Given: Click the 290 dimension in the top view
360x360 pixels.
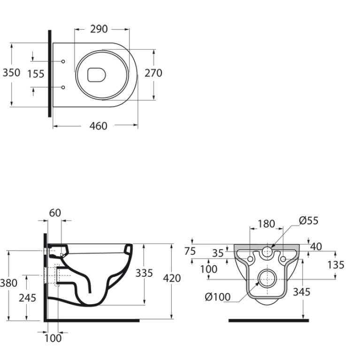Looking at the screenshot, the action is tap(99, 29).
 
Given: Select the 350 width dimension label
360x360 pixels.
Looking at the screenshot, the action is tap(11, 73).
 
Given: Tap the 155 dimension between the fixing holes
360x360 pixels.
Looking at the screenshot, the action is tap(36, 74).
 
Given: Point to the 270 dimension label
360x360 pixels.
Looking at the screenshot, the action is tap(153, 73).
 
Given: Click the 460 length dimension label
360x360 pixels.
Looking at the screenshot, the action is tap(98, 126).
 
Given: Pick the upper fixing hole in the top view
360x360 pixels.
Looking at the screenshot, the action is tap(63, 61).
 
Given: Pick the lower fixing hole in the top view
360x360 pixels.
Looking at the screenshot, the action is tap(63, 87).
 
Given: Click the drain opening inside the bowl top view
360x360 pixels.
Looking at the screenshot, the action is tap(97, 75).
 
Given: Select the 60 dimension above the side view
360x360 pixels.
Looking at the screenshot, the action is tap(55, 213).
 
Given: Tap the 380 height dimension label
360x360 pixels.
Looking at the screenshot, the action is tap(8, 283).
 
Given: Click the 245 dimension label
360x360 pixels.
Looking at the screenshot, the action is tap(28, 298).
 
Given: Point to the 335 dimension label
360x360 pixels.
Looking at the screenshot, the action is tap(144, 273).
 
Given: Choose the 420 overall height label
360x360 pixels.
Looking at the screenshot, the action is tap(172, 278).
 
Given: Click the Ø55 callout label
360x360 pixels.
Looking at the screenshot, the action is tap(308, 221).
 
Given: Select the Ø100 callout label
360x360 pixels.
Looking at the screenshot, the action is tap(218, 297).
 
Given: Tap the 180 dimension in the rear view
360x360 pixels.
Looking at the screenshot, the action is tap(266, 224).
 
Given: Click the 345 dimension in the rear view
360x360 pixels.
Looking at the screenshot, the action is tap(302, 292).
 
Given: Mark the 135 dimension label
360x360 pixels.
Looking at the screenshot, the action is tap(336, 265).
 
